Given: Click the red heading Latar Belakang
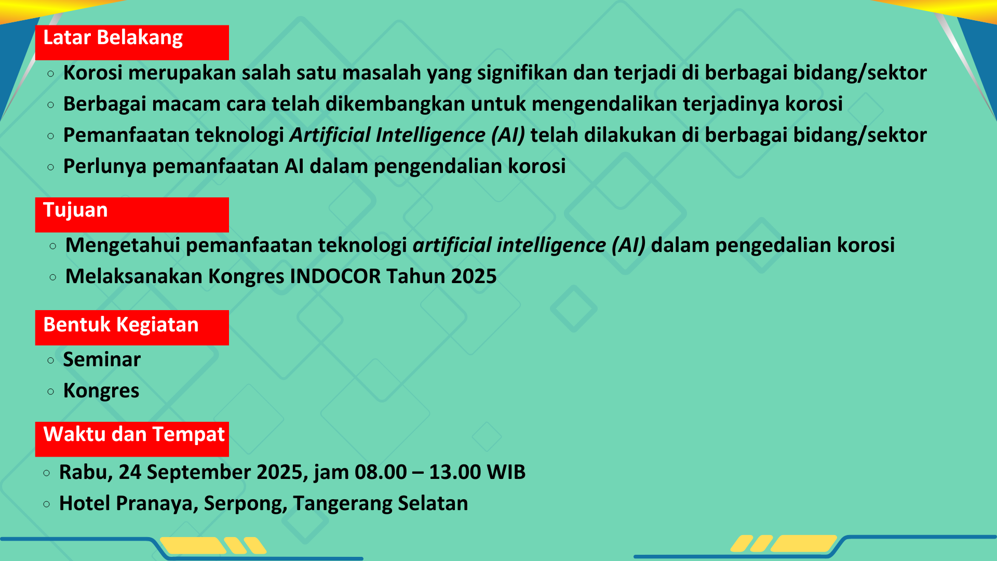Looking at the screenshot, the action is coord(113,38).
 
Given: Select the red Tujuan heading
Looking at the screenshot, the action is coord(75,210).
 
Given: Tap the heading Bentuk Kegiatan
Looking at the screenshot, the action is coord(120,325).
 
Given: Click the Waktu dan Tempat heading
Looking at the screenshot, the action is coord(134,434).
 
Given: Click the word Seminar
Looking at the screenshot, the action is coord(102,359).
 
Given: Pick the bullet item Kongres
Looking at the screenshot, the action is coord(101,391).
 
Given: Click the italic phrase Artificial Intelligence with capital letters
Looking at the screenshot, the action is coord(387,135).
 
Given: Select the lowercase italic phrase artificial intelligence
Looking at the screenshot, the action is coord(509,245).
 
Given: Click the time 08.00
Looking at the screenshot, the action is coord(381,472).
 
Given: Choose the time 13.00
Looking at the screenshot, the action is coord(455,472).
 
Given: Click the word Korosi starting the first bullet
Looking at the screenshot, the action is coord(93,73).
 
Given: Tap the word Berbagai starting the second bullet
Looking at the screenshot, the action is coord(105,104).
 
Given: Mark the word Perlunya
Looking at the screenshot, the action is coord(105,167).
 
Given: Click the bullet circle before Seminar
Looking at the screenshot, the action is coord(50,360).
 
